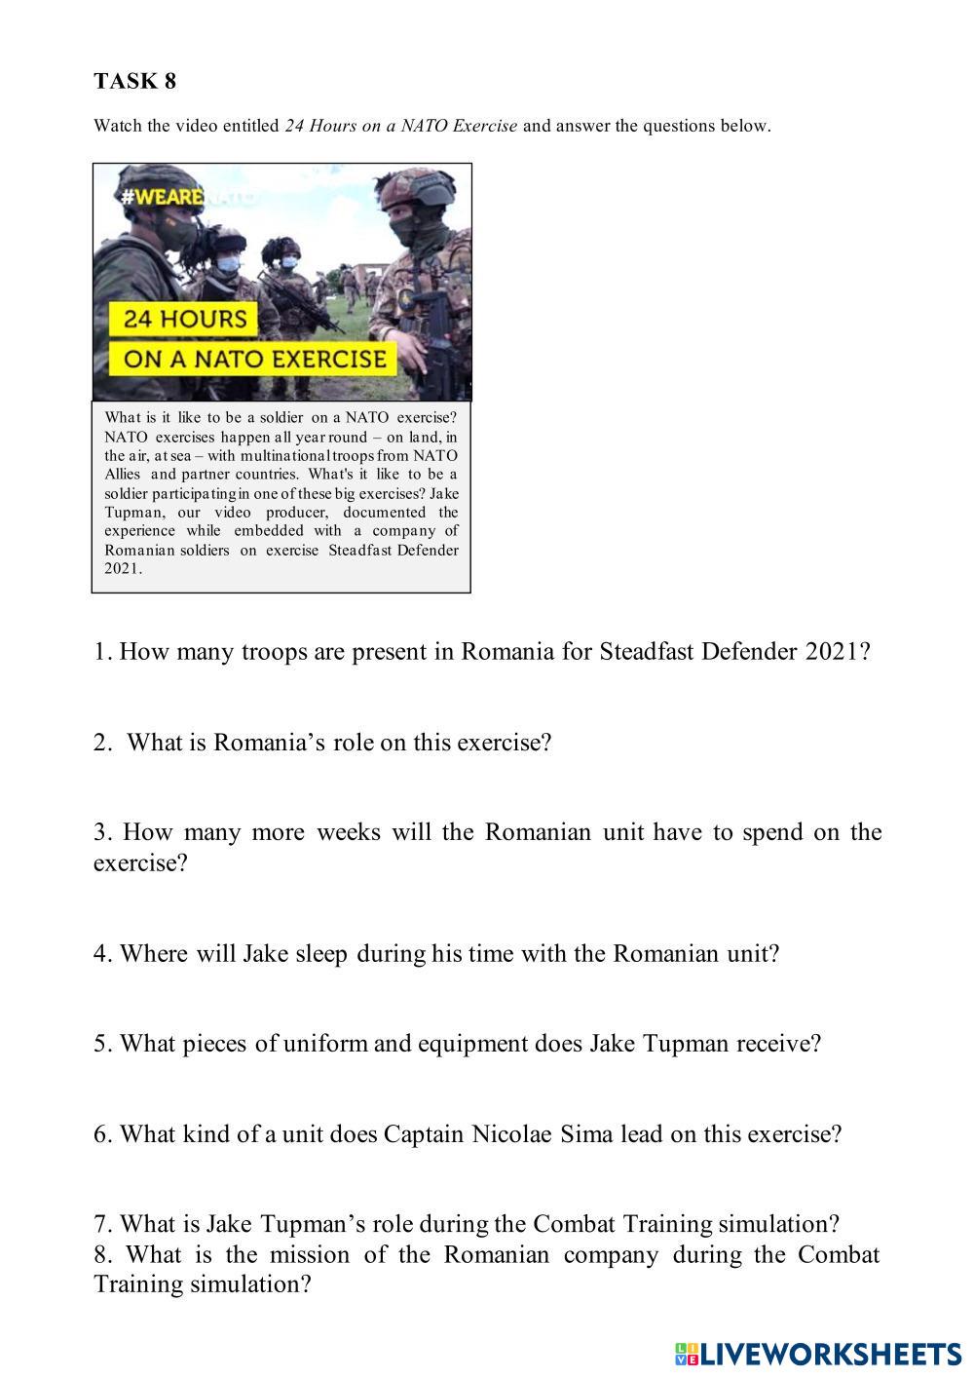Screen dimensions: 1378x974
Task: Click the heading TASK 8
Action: coord(135,81)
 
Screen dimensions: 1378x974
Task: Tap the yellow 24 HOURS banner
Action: coord(185,319)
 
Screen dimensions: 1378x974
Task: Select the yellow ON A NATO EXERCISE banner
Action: coord(255,358)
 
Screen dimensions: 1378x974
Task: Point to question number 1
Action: coord(102,652)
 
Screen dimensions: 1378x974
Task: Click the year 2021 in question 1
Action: coord(833,652)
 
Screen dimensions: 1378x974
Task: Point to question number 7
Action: coord(102,1224)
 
